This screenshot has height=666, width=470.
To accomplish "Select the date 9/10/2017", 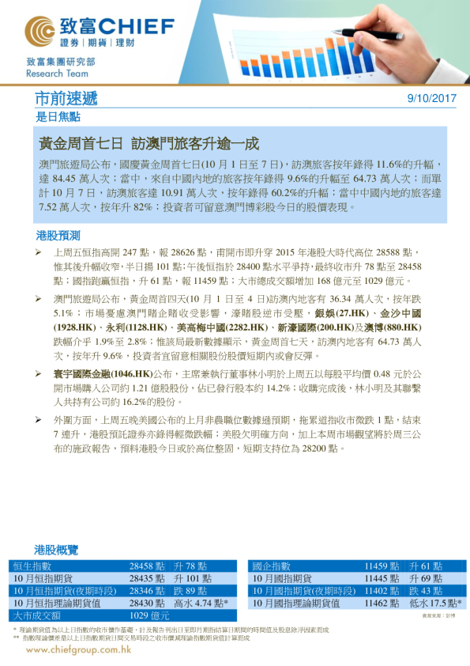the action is tap(431, 99).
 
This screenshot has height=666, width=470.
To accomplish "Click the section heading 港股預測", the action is tap(58, 236).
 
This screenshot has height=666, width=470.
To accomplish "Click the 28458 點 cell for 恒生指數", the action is tap(148, 566).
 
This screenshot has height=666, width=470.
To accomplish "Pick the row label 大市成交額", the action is tap(36, 615).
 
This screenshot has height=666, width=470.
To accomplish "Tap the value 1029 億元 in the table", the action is tap(149, 615).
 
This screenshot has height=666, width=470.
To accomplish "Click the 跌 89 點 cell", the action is tap(190, 591).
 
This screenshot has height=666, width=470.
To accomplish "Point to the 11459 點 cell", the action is tap(382, 566).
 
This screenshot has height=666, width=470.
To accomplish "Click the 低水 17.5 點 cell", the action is tap(437, 603).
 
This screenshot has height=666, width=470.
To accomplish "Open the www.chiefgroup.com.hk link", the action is tap(78, 649).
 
